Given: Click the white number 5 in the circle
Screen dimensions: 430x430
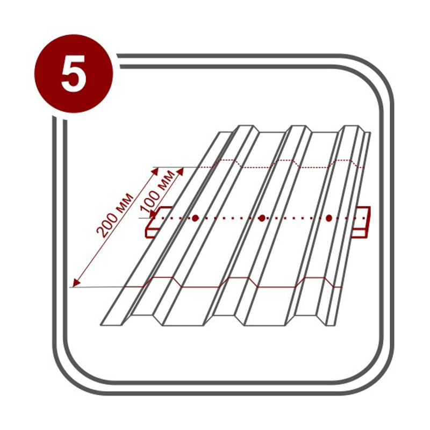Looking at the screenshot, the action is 74,73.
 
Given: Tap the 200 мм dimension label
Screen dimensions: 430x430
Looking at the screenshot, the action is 115,215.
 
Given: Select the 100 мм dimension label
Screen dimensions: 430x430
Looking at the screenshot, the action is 157,191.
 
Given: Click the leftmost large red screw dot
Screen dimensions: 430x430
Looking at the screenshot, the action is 195,218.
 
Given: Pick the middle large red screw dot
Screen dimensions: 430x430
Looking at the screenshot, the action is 262,218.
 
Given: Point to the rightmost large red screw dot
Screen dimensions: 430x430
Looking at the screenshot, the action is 329,218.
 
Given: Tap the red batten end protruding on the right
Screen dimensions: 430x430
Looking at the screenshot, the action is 362,222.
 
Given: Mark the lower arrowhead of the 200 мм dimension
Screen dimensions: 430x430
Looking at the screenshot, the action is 76,283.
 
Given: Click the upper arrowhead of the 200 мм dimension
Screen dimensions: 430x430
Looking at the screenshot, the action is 155,171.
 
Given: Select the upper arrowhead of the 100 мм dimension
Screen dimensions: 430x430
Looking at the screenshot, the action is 180,171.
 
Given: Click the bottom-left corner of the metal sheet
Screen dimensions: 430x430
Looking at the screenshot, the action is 101,326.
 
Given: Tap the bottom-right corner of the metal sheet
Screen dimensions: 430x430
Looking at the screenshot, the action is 335,326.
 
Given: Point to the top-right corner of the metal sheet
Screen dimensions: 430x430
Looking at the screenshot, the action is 370,133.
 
